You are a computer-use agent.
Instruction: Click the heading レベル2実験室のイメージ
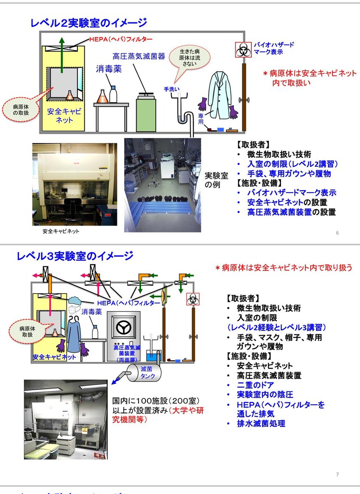pyautogui.click(x=88, y=22)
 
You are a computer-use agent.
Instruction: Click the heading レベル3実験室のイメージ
pyautogui.click(x=75, y=256)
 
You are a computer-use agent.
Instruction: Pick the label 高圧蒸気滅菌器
pyautogui.click(x=139, y=56)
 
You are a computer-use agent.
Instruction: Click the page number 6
pyautogui.click(x=337, y=233)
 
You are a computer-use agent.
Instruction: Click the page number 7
pyautogui.click(x=337, y=475)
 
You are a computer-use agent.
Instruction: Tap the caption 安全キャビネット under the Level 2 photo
pyautogui.click(x=61, y=231)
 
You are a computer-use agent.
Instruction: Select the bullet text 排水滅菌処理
pyautogui.click(x=261, y=423)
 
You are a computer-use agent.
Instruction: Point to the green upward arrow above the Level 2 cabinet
pyautogui.click(x=62, y=54)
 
